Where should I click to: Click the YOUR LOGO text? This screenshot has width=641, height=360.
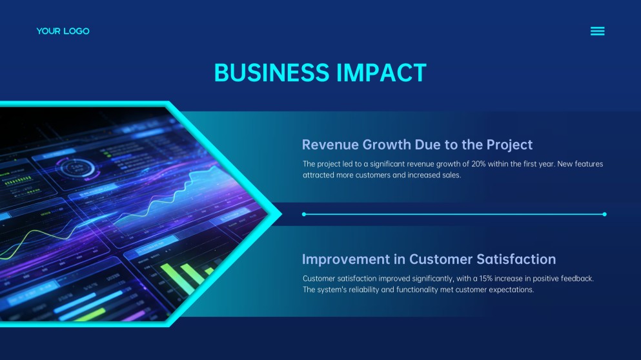click(63, 31)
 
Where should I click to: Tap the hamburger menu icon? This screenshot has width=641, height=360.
click(597, 31)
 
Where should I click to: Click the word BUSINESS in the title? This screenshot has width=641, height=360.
click(272, 73)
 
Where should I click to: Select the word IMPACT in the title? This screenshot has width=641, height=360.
click(382, 73)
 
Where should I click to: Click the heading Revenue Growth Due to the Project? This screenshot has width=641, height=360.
click(417, 145)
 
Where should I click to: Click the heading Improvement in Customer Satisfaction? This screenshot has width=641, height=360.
click(429, 259)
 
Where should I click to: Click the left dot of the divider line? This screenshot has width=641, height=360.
click(304, 214)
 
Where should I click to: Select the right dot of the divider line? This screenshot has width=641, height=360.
click(605, 214)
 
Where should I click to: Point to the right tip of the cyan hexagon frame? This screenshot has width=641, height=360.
click(281, 214)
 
